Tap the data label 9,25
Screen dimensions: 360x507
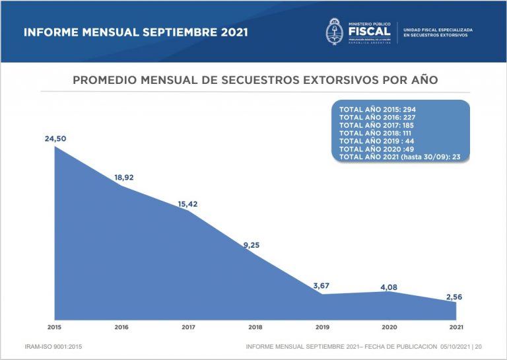(251, 245)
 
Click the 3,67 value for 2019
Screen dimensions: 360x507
(321, 285)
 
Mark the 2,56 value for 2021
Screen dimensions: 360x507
(453, 297)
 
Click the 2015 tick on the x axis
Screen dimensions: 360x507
(54, 327)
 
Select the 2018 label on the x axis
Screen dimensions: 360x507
(255, 327)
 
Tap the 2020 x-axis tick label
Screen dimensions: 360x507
(389, 327)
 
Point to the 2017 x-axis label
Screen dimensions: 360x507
(188, 327)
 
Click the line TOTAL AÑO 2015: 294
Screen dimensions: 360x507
(377, 109)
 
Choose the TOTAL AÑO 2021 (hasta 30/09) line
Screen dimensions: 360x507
(399, 157)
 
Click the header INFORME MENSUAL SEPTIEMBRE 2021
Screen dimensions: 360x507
(135, 32)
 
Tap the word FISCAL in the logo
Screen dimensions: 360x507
(368, 31)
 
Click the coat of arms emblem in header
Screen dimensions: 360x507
(335, 31)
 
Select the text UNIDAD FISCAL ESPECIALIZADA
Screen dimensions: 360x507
(438, 28)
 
